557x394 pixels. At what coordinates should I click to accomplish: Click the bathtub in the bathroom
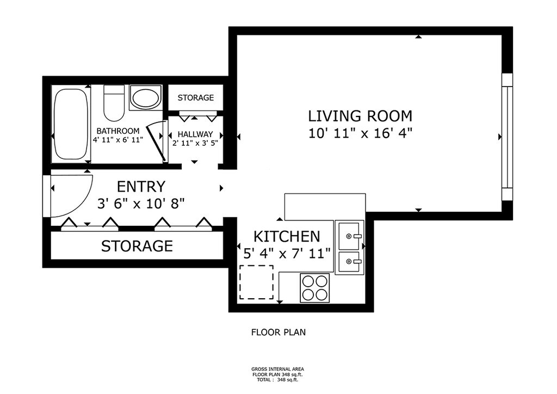71,124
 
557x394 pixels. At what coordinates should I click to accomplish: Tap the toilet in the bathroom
114,103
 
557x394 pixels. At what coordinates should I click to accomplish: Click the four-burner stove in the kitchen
315,288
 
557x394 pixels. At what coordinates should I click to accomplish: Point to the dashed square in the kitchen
257,282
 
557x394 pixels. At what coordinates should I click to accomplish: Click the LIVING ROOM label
360,116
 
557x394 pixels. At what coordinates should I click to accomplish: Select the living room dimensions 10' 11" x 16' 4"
360,133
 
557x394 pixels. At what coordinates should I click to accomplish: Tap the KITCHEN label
287,236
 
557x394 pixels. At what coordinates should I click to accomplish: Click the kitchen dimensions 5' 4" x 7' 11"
287,254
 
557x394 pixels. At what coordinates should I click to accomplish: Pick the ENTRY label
141,187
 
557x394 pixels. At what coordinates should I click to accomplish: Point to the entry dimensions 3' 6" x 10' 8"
141,204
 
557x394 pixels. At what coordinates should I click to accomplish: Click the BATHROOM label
118,131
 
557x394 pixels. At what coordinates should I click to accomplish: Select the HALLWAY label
195,134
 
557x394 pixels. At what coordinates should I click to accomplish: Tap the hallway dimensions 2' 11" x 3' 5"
195,143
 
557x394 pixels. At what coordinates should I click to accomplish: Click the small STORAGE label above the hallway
196,97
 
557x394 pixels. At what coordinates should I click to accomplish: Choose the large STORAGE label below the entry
137,246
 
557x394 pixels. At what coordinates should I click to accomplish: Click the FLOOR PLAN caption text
278,332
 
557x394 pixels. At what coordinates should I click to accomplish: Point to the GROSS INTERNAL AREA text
277,369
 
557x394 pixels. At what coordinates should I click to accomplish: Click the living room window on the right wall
507,137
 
